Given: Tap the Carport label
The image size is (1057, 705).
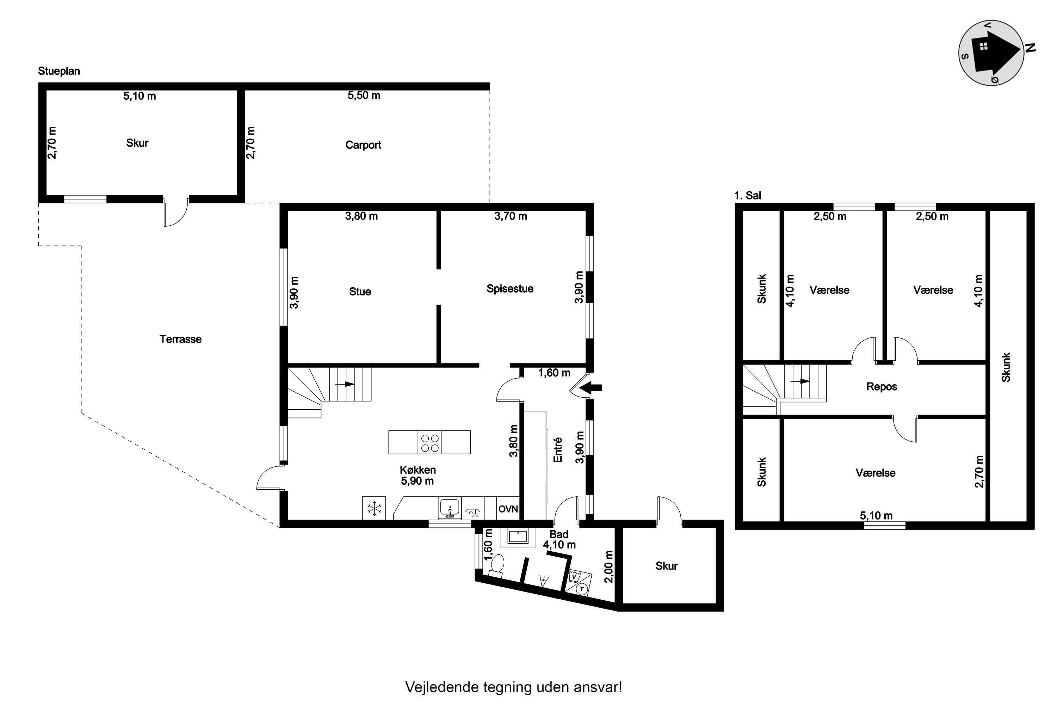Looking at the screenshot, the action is pos(363,145).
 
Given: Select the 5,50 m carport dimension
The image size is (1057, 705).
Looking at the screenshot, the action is pos(364,95).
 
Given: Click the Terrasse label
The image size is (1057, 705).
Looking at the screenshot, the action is pos(181,339).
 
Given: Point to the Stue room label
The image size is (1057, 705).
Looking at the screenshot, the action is pos(360,292).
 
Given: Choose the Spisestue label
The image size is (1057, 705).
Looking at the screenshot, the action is pos(510,289).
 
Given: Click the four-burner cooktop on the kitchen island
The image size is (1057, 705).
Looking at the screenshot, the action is pos(429,442).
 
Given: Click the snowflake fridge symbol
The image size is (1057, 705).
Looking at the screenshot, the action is pos(374,509).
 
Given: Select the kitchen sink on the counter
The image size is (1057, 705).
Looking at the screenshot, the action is pos(450,509).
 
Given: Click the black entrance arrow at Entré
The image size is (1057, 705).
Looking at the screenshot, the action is pos(591,387).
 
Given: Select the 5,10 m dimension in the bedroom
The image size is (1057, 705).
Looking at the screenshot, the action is pos(876,515).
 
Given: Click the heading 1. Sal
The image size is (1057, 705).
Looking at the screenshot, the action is pos(748,196).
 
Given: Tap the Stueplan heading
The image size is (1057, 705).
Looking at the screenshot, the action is pos(59,71).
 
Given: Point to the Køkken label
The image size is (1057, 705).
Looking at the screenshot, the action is pos(418,470).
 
